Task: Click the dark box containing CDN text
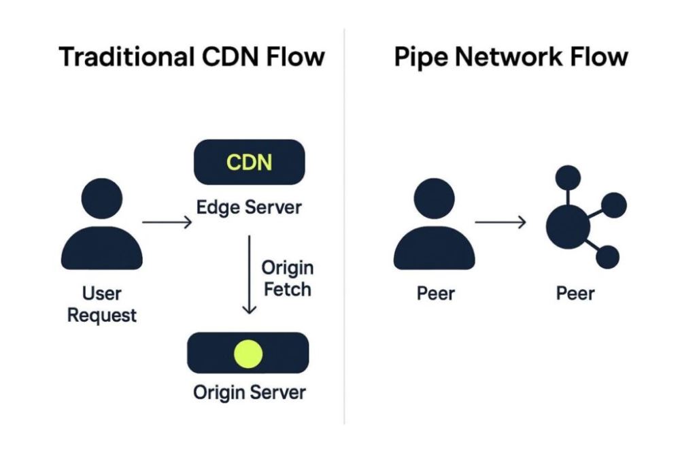249,163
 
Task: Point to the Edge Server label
249,207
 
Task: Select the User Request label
102,305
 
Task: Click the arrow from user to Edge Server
167,222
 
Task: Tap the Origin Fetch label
287,278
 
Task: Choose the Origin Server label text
249,392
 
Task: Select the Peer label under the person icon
435,294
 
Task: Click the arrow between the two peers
500,222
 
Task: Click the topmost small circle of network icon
568,178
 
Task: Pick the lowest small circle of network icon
607,257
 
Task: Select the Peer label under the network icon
575,294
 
